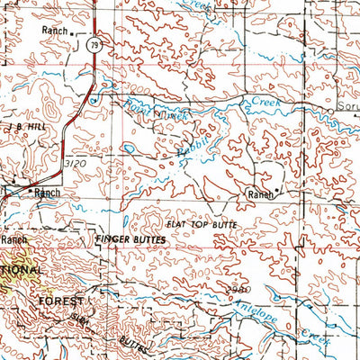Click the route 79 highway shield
tap(95, 43)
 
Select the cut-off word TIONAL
tap(20, 270)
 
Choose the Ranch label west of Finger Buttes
tap(13, 240)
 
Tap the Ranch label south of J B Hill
tap(47, 193)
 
